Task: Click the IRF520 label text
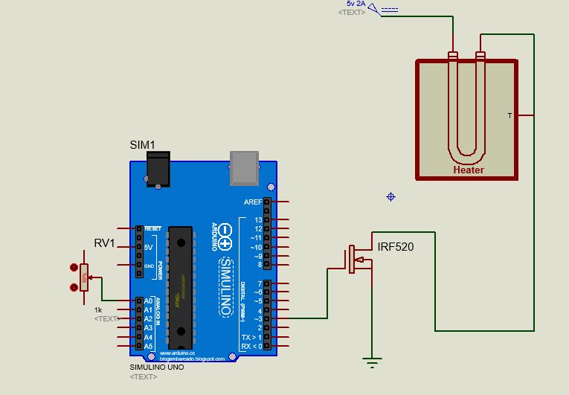pyautogui.click(x=396, y=247)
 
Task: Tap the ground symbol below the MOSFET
pyautogui.click(x=372, y=362)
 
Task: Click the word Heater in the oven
pyautogui.click(x=469, y=170)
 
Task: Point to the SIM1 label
pyautogui.click(x=142, y=144)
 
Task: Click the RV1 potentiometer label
pyautogui.click(x=105, y=243)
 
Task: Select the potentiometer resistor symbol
pyautogui.click(x=84, y=277)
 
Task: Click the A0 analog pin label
pyautogui.click(x=148, y=301)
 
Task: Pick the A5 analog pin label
pyautogui.click(x=148, y=346)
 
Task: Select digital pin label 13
pyautogui.click(x=257, y=220)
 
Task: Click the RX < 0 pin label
pyautogui.click(x=251, y=346)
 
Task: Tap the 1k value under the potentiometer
pyautogui.click(x=98, y=309)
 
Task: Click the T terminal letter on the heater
pyautogui.click(x=509, y=115)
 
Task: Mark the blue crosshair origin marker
pyautogui.click(x=390, y=196)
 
